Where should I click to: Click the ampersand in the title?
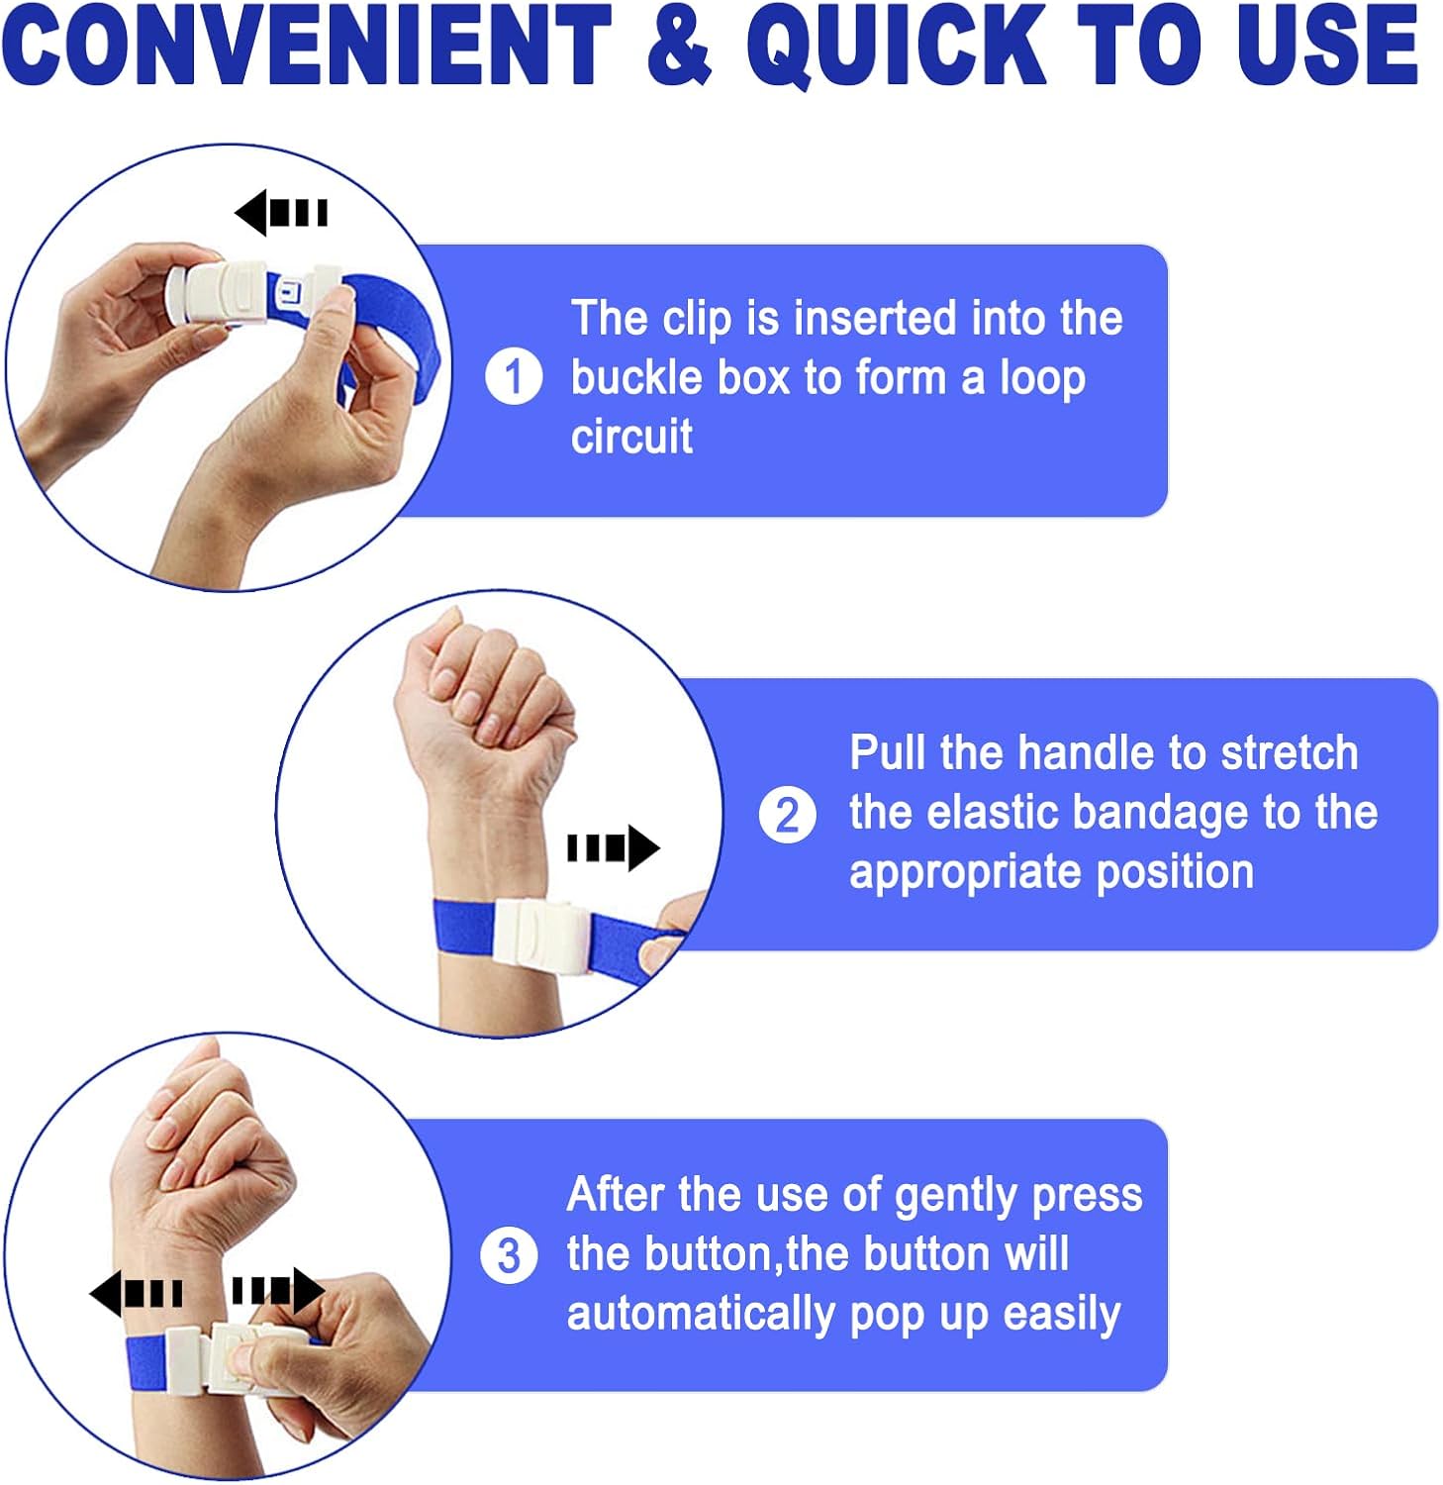point(679,46)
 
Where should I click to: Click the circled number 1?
point(514,376)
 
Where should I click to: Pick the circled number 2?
point(788,816)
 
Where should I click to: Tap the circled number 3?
point(509,1255)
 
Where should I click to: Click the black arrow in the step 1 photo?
point(281,213)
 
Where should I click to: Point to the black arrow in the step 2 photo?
point(614,848)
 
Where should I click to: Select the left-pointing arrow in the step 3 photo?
point(136,1293)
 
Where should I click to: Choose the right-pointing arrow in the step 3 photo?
point(278,1291)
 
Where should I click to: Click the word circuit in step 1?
point(631,437)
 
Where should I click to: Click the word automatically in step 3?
point(701,1315)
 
